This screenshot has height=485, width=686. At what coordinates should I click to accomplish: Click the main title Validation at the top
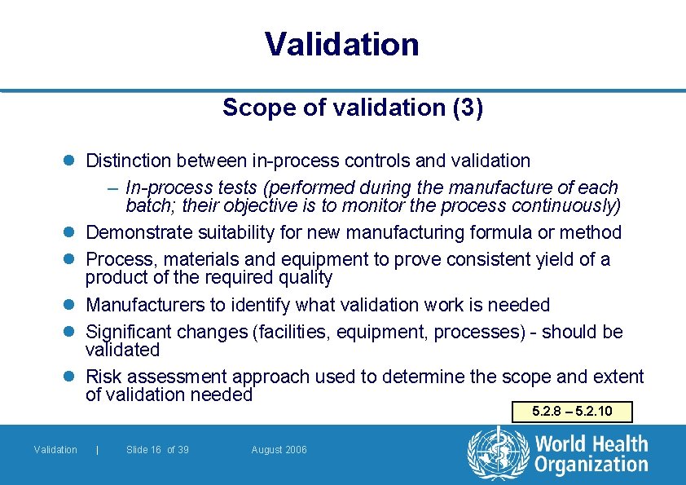tap(342, 44)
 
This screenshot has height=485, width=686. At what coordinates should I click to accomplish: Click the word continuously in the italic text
tap(565, 205)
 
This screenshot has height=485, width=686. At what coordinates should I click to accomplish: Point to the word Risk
tap(103, 377)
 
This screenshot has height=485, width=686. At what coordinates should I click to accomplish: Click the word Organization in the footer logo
tap(591, 465)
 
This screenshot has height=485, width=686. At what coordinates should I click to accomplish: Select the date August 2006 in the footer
tap(279, 450)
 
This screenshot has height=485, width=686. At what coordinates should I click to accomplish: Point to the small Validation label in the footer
tap(55, 450)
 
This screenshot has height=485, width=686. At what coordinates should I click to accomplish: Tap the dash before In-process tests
tap(113, 188)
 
